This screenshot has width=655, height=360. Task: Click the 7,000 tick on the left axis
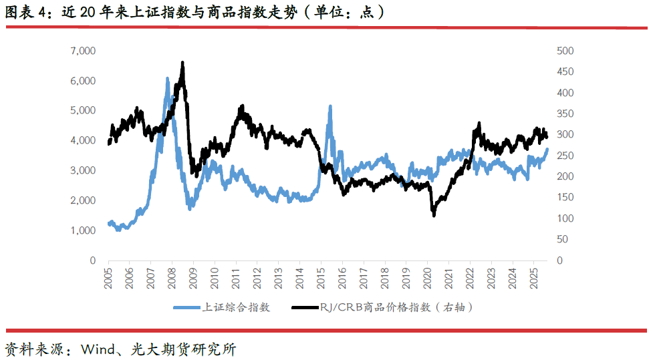point(83,51)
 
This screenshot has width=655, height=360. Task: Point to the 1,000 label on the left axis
point(83,230)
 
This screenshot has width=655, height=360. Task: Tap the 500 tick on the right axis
point(565,51)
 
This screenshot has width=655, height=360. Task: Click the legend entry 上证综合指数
point(237,308)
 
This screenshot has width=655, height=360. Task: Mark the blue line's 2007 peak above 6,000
point(167,79)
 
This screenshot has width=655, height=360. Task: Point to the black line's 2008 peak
point(182,62)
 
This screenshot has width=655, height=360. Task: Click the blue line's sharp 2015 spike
point(330,106)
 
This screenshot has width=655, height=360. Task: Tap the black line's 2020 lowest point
point(434,215)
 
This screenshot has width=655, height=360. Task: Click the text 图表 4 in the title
point(23,12)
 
